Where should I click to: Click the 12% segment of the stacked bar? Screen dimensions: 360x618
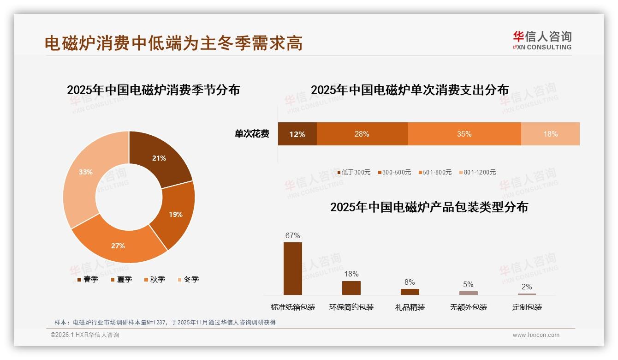[297, 134]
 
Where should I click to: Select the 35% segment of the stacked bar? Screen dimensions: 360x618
[464, 134]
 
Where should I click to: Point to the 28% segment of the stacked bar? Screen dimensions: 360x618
[362, 134]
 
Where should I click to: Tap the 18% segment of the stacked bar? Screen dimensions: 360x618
[550, 134]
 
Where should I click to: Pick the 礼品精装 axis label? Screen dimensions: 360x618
[410, 307]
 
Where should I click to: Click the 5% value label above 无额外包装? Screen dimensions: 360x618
[468, 284]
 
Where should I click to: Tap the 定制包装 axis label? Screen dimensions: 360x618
[527, 307]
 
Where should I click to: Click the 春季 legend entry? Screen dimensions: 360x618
[88, 279]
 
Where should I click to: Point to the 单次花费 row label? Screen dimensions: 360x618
[252, 134]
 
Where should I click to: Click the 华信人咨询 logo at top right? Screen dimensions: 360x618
[542, 40]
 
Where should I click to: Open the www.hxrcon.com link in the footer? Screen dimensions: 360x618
[536, 335]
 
